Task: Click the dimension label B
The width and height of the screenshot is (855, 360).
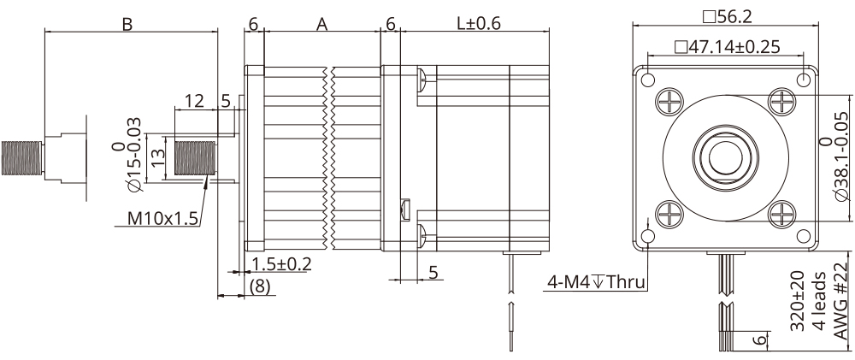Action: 127,24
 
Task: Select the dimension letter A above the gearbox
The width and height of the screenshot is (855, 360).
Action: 322,24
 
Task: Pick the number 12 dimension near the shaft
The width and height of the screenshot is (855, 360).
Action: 194,101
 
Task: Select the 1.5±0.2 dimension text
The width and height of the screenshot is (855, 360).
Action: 281,263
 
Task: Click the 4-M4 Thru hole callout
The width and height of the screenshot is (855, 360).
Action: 596,280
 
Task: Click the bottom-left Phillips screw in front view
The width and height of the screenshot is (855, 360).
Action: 669,211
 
